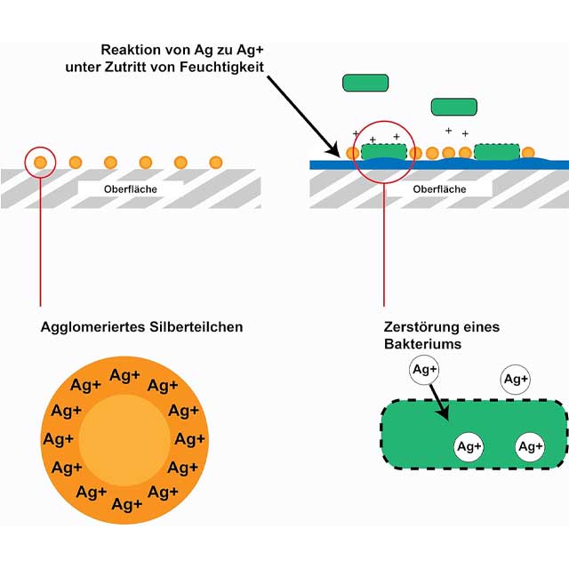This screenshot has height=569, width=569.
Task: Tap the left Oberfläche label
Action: coord(130,188)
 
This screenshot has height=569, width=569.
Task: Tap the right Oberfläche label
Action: coord(439,188)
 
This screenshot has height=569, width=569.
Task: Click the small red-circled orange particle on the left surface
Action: coord(41,162)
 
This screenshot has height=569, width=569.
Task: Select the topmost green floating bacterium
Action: coord(365,83)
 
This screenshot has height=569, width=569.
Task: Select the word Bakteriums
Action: coord(417,343)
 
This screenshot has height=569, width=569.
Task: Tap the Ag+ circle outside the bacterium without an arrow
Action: coord(516,379)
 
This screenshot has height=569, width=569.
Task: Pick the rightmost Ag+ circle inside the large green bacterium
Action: coord(530,446)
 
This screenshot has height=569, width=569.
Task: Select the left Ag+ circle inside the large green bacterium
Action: coord(469,446)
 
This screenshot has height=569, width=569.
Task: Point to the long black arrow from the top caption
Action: coord(301,112)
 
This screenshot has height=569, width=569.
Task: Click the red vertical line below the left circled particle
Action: coord(41,240)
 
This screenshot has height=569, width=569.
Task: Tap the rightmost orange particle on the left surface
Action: coord(215,162)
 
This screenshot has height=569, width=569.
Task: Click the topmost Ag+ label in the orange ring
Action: coord(124,375)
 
